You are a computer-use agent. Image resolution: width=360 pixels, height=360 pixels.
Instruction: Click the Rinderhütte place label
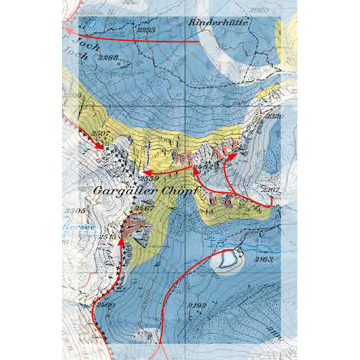221,23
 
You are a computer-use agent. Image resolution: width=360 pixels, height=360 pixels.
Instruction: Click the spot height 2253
146,29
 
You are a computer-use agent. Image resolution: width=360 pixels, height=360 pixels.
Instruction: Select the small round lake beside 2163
226,261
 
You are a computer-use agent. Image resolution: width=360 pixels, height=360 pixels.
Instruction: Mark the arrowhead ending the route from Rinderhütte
67,30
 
